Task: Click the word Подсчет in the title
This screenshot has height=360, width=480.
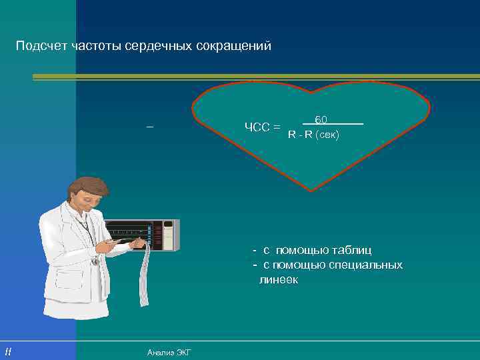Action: click(39, 47)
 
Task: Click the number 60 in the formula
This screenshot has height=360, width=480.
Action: click(321, 119)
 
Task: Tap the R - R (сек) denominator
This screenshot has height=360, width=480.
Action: click(313, 135)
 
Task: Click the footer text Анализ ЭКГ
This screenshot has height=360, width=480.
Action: click(169, 352)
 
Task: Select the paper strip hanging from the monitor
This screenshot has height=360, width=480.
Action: click(143, 280)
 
